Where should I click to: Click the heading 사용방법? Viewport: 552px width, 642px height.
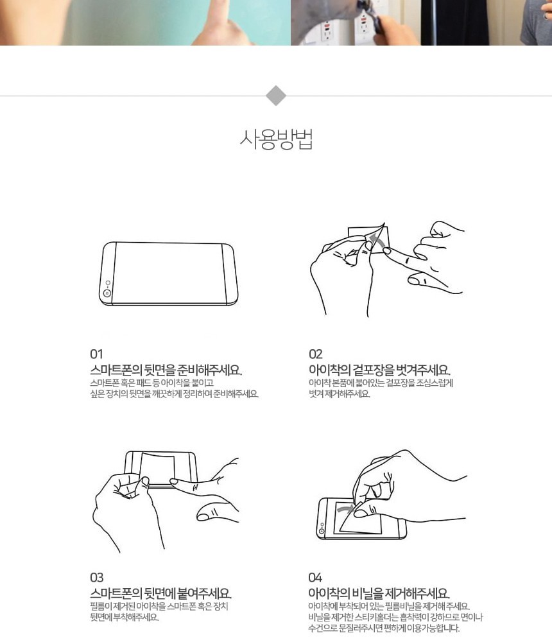pyautogui.click(x=277, y=139)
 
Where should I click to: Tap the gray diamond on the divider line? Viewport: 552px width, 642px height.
pyautogui.click(x=276, y=96)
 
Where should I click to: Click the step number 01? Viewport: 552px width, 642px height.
pyautogui.click(x=97, y=354)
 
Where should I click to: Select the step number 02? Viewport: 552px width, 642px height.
pyautogui.click(x=316, y=354)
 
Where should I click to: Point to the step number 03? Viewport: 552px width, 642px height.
pyautogui.click(x=97, y=578)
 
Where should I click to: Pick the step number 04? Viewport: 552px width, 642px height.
pyautogui.click(x=315, y=578)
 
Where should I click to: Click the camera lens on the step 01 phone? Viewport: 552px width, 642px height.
pyautogui.click(x=107, y=293)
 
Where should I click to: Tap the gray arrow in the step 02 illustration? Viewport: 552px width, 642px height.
pyautogui.click(x=377, y=240)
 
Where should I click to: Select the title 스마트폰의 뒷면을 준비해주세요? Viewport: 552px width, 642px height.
pyautogui.click(x=166, y=370)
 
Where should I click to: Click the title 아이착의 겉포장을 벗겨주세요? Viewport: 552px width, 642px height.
pyautogui.click(x=379, y=370)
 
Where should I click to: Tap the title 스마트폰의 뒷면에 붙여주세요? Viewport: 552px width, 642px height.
pyautogui.click(x=161, y=594)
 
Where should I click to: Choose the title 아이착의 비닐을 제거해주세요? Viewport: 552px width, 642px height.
pyautogui.click(x=379, y=594)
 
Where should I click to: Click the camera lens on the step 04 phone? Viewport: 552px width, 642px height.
pyautogui.click(x=322, y=532)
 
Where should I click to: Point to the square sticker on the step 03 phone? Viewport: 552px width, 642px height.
pyautogui.click(x=158, y=470)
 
